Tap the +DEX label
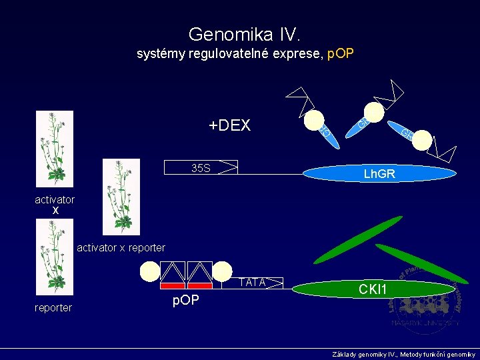229,125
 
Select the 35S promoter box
201,167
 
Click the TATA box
253,283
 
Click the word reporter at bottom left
53,307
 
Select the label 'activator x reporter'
121,248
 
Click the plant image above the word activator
55,148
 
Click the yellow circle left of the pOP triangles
150,271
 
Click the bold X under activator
55,211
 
